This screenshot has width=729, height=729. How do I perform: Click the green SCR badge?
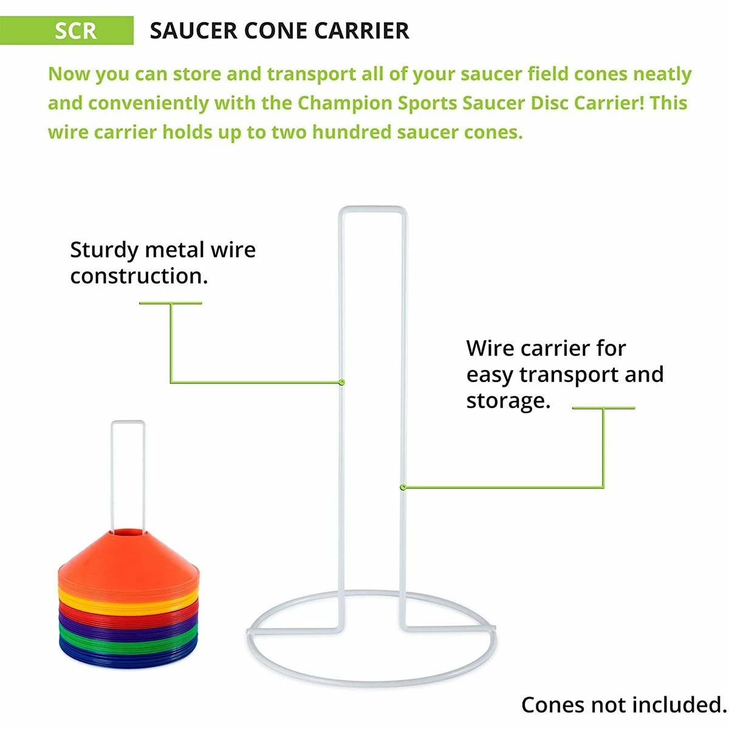(67, 30)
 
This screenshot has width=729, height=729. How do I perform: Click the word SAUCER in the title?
(193, 30)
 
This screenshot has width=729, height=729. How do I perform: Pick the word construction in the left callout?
(139, 276)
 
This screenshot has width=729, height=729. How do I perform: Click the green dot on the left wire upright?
(341, 382)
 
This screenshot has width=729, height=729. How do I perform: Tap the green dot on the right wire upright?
(403, 487)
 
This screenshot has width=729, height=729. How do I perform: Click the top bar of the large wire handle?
(373, 209)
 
